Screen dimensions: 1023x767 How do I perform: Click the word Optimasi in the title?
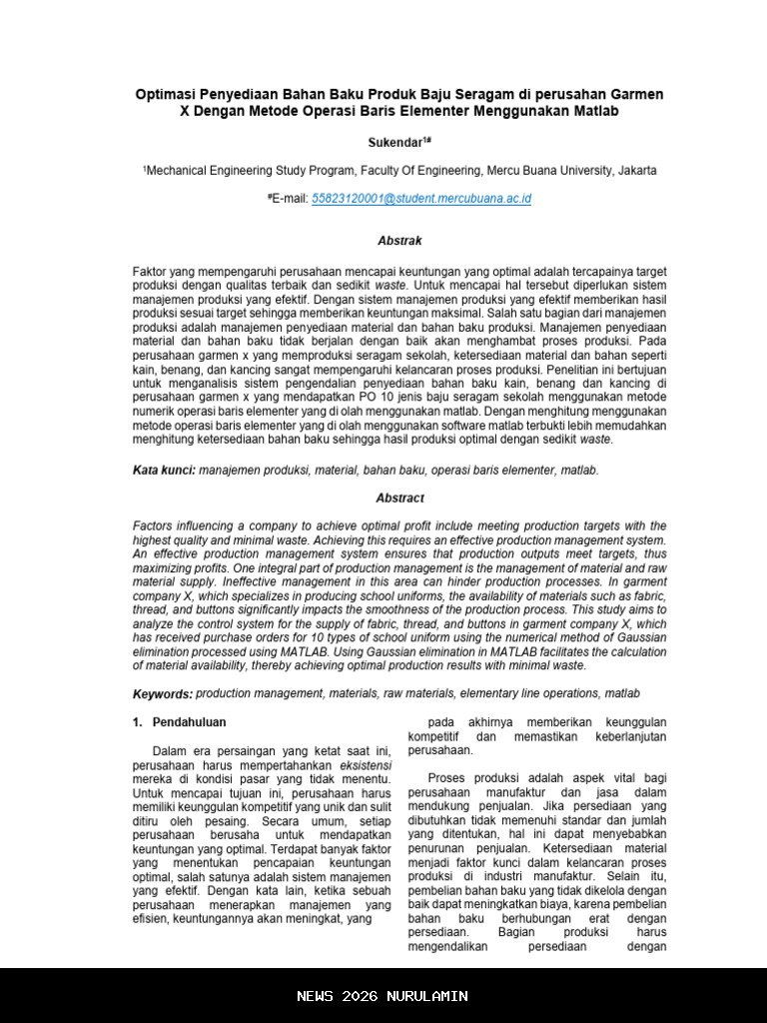click(x=166, y=94)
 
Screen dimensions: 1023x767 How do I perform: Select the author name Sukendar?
click(x=395, y=143)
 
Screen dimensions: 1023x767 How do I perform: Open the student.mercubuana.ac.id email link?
click(x=421, y=199)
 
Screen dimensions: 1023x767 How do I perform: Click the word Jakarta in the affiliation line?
click(x=637, y=171)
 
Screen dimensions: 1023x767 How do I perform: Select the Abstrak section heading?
click(x=399, y=241)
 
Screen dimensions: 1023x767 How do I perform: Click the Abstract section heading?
click(x=399, y=498)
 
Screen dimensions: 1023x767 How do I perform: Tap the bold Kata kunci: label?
click(x=164, y=470)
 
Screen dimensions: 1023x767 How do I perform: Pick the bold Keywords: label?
click(x=163, y=693)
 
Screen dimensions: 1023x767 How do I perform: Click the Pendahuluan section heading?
click(x=189, y=722)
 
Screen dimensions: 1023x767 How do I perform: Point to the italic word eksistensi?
click(x=366, y=765)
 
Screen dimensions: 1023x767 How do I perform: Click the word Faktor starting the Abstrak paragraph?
click(x=152, y=272)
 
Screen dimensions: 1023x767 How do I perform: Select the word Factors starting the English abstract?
click(x=155, y=525)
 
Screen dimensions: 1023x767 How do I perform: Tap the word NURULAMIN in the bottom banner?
click(x=428, y=996)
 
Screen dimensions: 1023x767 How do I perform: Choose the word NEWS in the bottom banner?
click(x=315, y=996)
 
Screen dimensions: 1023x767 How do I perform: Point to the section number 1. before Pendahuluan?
click(x=138, y=722)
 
